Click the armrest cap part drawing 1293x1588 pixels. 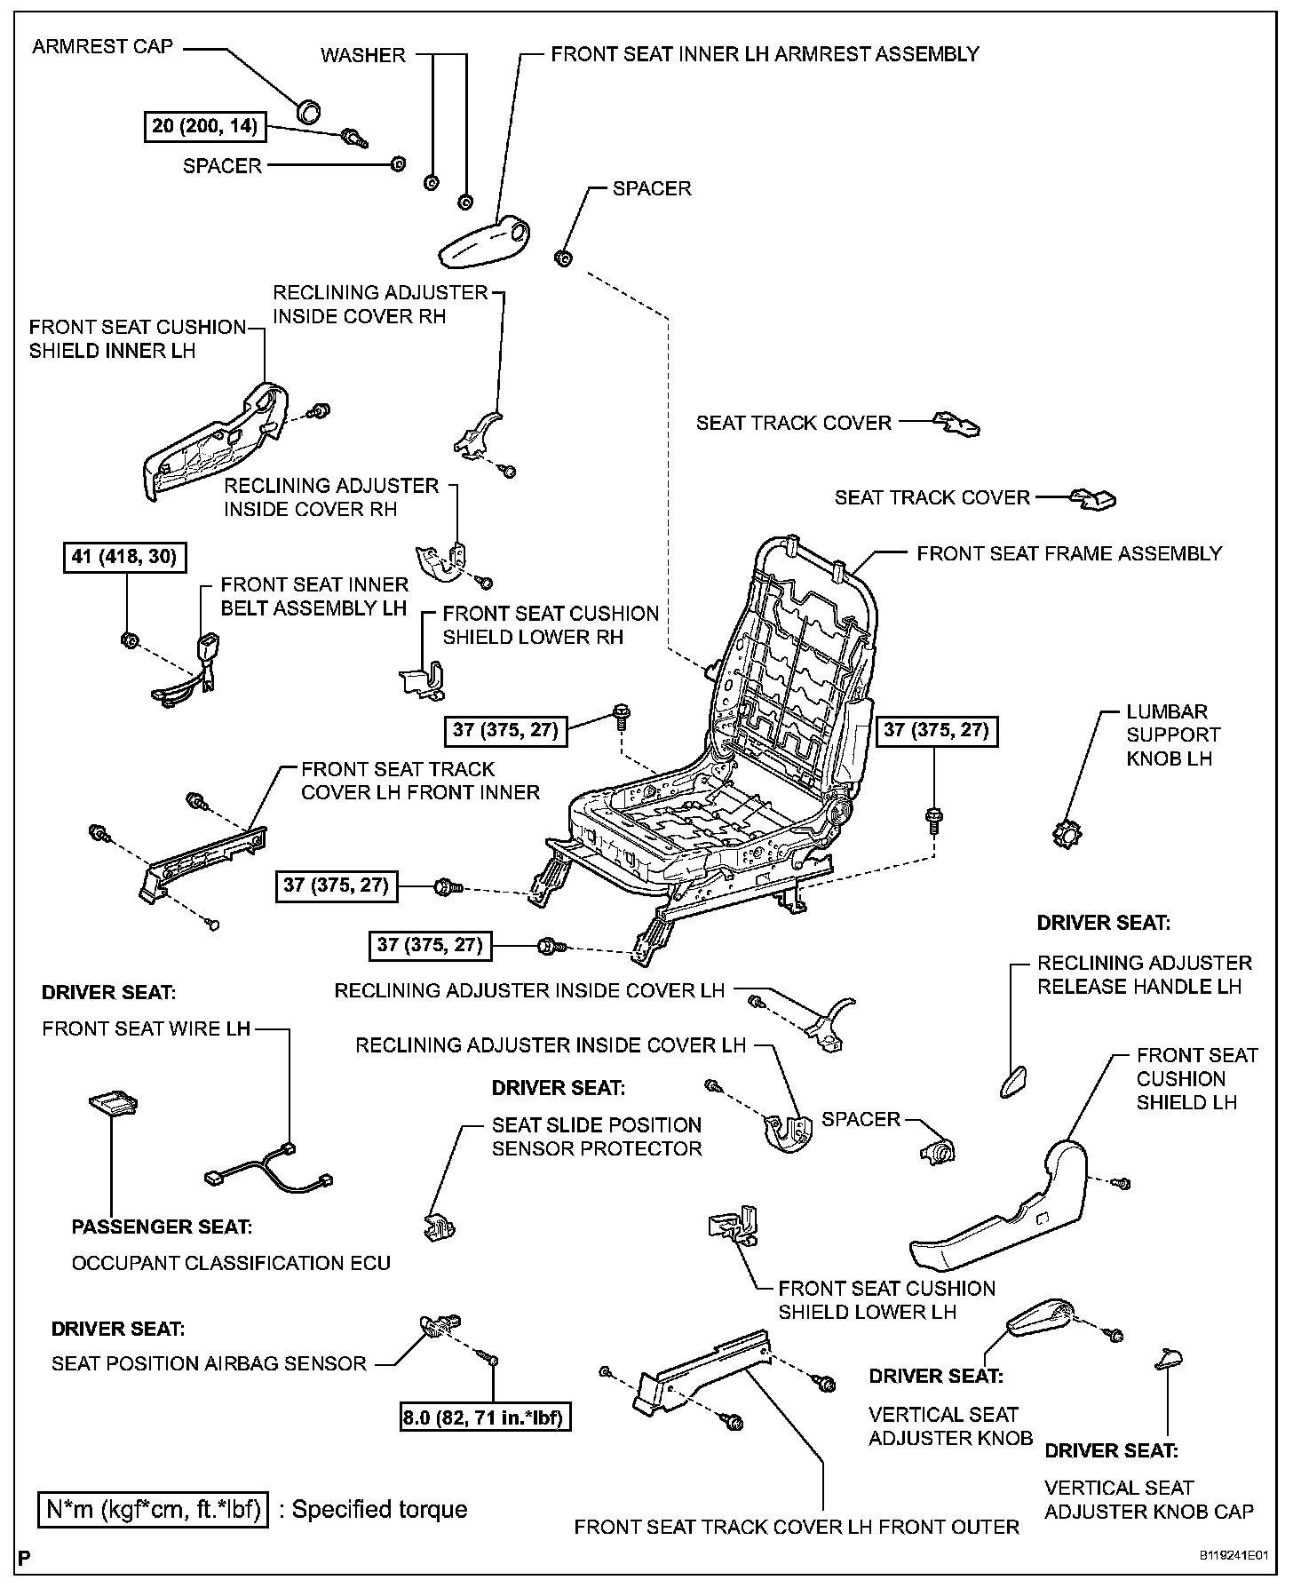point(309,111)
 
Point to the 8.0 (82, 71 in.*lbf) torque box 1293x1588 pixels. point(485,1417)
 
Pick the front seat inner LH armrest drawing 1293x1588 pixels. point(484,240)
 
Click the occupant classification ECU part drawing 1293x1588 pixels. point(113,1103)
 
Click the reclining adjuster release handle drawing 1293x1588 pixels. point(1012,1080)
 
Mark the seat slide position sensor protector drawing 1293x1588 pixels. point(438,1227)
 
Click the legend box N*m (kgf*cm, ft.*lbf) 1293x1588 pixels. point(152,1509)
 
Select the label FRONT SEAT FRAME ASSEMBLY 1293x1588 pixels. point(1069,554)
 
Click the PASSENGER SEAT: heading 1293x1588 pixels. point(162,1227)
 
